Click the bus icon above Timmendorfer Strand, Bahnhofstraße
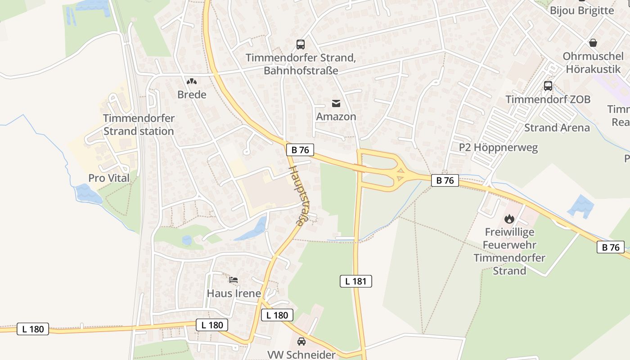point(301,44)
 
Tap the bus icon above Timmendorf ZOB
point(548,85)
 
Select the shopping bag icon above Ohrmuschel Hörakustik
point(593,43)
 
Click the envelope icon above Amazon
point(336,103)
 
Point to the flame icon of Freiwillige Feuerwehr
point(509,219)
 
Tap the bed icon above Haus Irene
point(234,280)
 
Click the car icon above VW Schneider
point(301,341)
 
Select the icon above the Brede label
point(192,81)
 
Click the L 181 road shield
point(355,281)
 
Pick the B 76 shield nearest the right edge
point(611,247)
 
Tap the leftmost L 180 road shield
point(33,329)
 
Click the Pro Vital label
point(109,178)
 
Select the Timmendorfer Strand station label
point(139,125)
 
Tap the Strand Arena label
point(557,127)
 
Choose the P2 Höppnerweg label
point(498,147)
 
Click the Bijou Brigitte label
point(581,10)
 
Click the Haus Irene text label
point(234,293)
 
